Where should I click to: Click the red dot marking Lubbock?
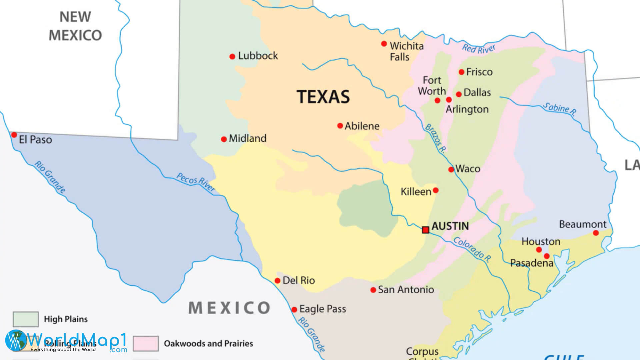click(x=232, y=57)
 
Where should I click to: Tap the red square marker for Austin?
click(x=426, y=230)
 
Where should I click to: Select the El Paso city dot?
click(x=14, y=135)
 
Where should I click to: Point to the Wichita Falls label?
click(x=406, y=51)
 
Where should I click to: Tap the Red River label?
click(x=479, y=49)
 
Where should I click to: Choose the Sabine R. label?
click(x=560, y=109)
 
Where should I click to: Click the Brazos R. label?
click(x=435, y=138)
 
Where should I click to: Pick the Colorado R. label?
click(x=472, y=249)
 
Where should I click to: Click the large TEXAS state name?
click(x=323, y=97)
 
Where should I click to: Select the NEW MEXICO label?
click(x=75, y=26)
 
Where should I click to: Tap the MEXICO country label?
click(x=229, y=308)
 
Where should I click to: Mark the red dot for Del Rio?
click(x=277, y=281)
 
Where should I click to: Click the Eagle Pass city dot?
click(x=294, y=310)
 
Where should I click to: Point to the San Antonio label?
click(x=406, y=290)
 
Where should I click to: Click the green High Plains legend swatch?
click(x=26, y=319)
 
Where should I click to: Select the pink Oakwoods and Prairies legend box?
click(x=146, y=343)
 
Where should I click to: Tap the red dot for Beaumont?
click(x=596, y=233)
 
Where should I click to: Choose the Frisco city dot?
click(x=462, y=72)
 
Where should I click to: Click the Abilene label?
click(x=362, y=126)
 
